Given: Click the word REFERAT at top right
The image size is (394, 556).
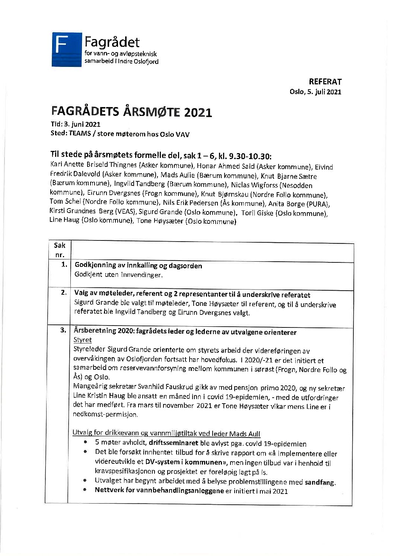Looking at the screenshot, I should tap(325, 82).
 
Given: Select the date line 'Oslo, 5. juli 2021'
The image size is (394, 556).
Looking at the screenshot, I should tap(315, 92).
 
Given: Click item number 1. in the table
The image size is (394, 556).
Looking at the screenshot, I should tap(64, 265).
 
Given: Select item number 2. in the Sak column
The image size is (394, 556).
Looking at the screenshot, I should tap(64, 293).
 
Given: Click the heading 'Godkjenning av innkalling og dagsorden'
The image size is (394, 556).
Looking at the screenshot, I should tap(139, 266).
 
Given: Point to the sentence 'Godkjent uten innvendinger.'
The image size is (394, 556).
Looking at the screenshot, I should tap(119, 275).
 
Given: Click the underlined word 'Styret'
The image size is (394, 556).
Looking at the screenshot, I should tap(83, 340).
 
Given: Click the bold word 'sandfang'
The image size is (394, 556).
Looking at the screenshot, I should tap(320, 483).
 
